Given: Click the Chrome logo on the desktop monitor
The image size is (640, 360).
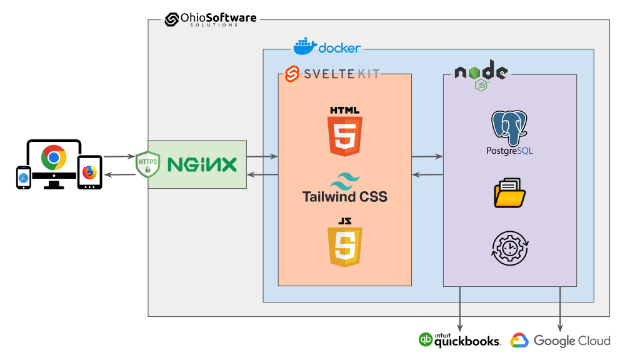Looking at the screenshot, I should tap(54, 157).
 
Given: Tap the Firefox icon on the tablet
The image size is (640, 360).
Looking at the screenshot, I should tap(89, 171).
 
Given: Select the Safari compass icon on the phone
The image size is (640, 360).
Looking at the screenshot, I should tap(23, 178).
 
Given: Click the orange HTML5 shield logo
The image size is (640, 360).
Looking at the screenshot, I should tap(345, 132).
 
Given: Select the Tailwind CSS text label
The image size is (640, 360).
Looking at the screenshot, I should tap(345, 197).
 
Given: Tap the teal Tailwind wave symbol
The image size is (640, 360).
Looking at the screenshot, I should tap(345, 181).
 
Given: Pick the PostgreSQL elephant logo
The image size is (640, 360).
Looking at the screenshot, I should tap(509, 127).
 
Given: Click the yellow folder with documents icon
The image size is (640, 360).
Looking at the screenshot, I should tap(509, 192).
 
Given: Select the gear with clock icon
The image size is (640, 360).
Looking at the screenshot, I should tap(509, 249).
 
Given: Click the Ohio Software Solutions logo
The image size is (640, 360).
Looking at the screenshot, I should tap(211, 19).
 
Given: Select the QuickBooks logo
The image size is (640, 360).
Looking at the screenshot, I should tap(459, 340).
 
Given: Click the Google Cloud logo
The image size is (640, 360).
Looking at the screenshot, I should tap(560, 341).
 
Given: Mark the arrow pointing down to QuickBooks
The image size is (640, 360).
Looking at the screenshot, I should tap(461, 309).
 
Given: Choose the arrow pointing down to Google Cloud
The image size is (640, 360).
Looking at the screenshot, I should tap(559, 309).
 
